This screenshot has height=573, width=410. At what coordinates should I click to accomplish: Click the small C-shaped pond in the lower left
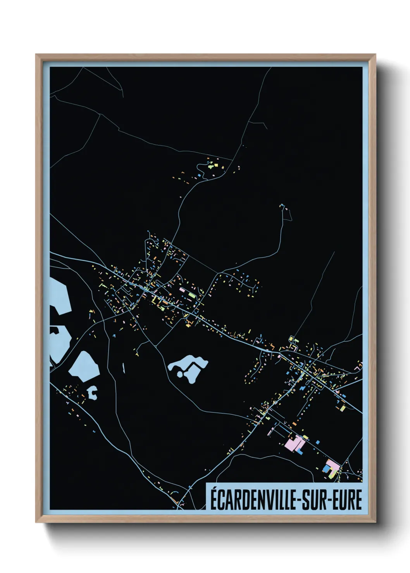coord(92,393)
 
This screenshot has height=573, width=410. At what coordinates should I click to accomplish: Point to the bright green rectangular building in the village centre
coord(192,295)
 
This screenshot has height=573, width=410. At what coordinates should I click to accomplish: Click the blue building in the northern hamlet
coord(199,175)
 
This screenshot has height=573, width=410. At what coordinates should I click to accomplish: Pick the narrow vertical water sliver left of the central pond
coord(124,368)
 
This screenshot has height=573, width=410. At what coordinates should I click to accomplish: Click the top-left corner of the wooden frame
coord(36,55)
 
